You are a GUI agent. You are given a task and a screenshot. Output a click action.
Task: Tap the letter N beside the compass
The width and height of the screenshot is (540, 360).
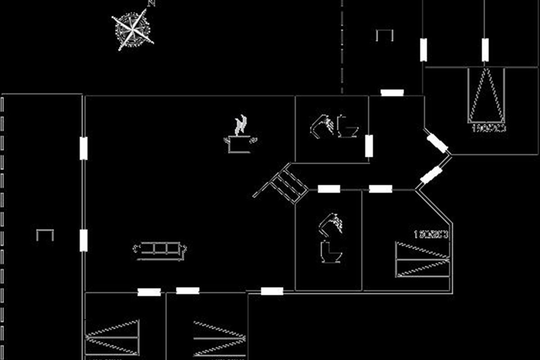click(152, 4)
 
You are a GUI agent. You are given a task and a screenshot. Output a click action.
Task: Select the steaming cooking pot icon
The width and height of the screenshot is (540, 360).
click(240, 135)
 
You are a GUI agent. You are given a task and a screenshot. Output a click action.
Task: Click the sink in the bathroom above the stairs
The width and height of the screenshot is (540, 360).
click(322, 126)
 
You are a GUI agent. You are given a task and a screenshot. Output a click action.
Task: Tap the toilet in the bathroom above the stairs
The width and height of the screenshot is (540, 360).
click(347, 127)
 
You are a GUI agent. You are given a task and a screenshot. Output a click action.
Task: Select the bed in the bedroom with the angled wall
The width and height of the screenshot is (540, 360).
click(422, 260)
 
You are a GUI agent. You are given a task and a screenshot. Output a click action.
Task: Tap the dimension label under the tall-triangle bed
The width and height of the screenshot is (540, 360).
click(489, 128)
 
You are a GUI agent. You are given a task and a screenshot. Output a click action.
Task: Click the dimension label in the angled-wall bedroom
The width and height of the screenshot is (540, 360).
click(431, 234)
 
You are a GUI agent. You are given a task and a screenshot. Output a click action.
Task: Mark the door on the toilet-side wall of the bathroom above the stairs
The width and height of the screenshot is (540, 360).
click(369, 146)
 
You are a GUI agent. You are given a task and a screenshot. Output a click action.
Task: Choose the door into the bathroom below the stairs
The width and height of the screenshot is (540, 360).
click(329, 189)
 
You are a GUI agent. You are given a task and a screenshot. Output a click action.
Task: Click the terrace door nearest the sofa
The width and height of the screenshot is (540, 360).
click(83, 240)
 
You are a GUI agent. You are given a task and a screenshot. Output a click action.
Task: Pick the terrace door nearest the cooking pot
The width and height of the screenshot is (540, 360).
click(83, 148)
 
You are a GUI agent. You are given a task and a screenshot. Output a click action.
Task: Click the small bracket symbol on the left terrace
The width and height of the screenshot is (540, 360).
click(45, 234)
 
